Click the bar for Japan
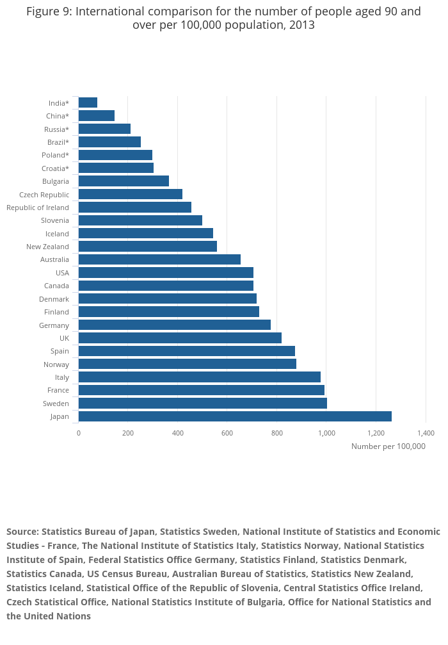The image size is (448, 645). click(235, 416)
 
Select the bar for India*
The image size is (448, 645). click(88, 102)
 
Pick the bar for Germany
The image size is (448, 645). click(174, 325)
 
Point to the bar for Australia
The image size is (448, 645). click(159, 259)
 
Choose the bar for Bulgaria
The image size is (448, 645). click(124, 181)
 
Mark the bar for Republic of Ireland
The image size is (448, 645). click(134, 208)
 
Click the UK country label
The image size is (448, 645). click(64, 338)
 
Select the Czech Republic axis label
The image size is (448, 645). click(44, 195)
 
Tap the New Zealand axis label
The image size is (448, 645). click(47, 247)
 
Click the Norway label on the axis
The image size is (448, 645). click(56, 364)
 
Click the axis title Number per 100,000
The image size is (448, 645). click(388, 446)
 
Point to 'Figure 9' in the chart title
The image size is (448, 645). click(49, 11)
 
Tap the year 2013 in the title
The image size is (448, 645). click(301, 25)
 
